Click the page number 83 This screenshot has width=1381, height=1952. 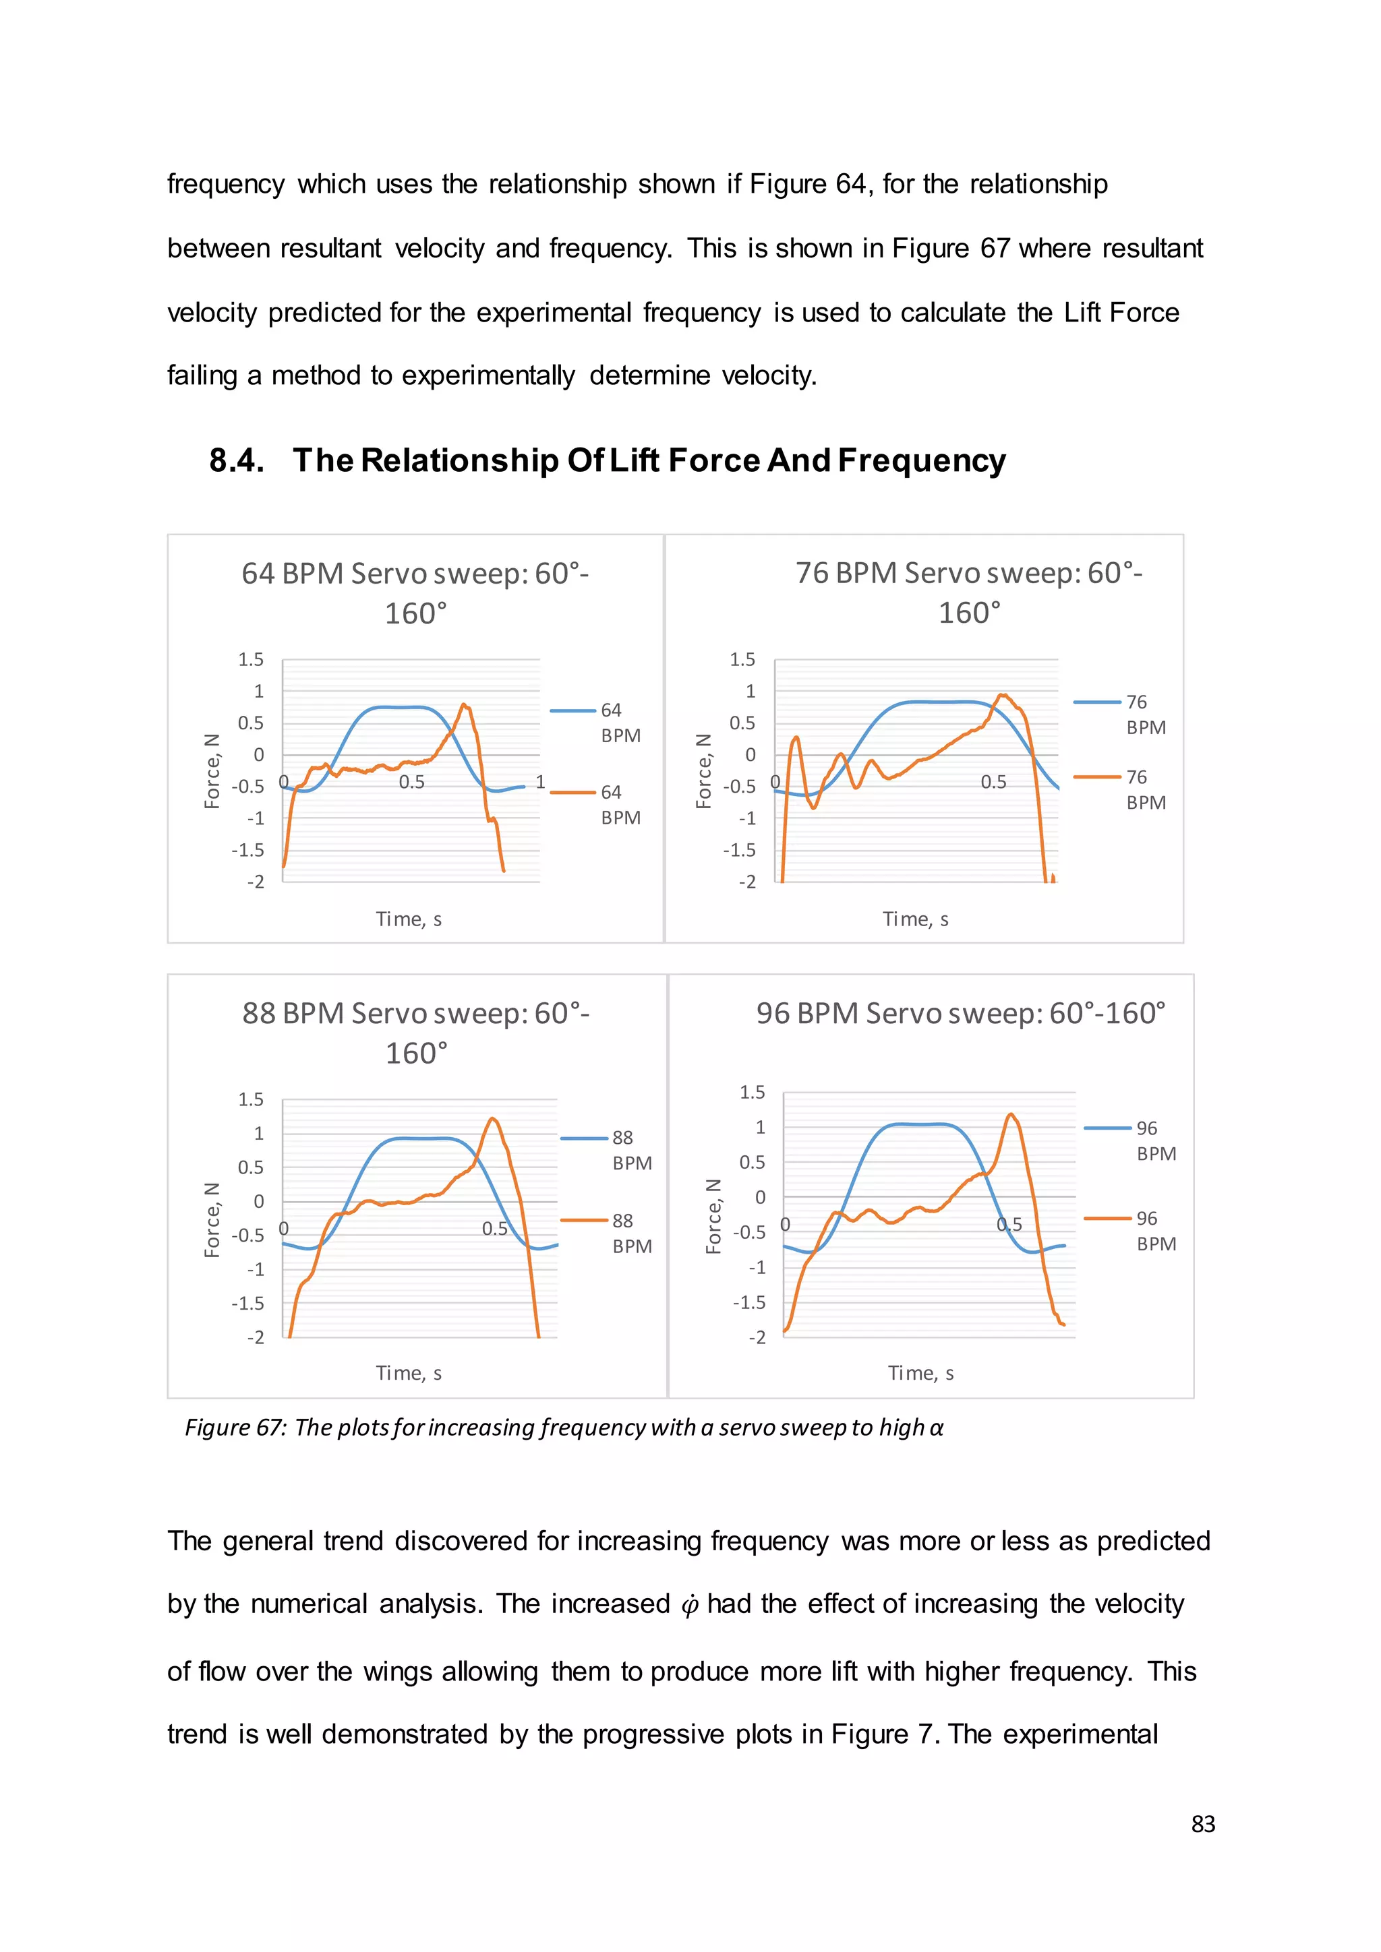coord(1202,1825)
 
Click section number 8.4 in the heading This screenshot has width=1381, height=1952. coord(237,461)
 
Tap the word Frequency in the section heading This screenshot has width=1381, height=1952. coord(922,461)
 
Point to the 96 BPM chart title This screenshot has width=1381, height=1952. coord(960,1013)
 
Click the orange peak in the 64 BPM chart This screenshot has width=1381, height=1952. coord(463,705)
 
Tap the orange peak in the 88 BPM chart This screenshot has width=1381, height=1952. coord(493,1119)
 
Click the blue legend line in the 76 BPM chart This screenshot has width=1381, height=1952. coord(1097,702)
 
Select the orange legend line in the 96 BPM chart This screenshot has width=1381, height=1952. coord(1107,1219)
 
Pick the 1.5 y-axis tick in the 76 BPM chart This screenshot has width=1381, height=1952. coord(742,660)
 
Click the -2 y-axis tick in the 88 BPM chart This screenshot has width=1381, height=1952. coord(255,1337)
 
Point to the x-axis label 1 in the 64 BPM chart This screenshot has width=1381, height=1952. coord(540,781)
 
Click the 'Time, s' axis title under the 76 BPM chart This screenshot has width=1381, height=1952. coord(915,919)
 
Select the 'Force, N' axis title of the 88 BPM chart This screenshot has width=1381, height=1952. coord(212,1219)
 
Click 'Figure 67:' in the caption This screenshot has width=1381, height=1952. coord(235,1428)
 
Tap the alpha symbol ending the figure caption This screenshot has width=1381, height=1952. coord(935,1428)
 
